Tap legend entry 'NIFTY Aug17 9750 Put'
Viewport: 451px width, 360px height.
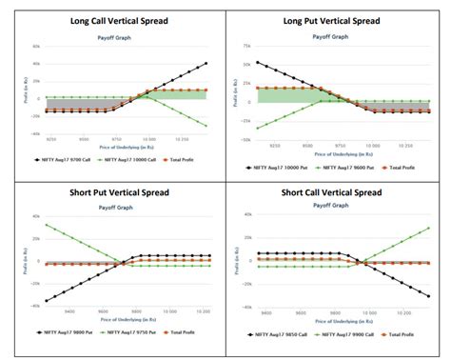click(x=132, y=337)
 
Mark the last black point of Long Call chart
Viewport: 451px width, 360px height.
click(x=206, y=64)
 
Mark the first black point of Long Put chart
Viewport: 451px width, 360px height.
click(x=258, y=63)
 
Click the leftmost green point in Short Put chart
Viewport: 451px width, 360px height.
click(x=47, y=225)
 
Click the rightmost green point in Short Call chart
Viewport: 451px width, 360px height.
click(x=428, y=228)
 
